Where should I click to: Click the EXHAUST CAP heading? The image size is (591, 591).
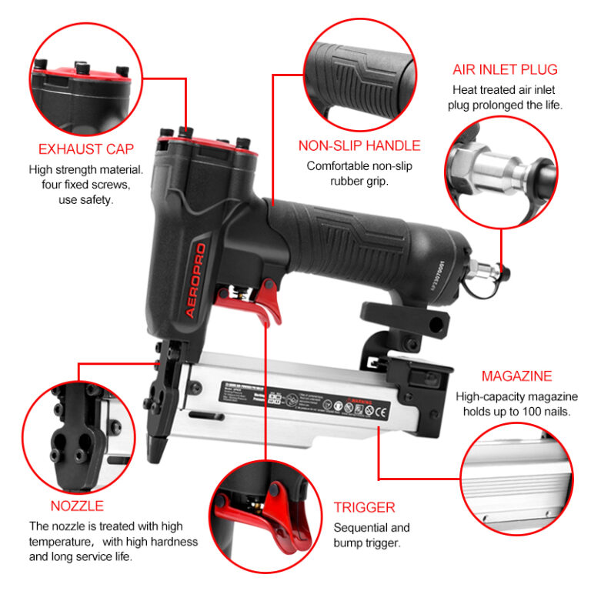tap(86, 149)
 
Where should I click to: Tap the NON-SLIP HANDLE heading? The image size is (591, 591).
tap(359, 145)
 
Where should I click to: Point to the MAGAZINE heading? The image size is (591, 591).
tap(516, 376)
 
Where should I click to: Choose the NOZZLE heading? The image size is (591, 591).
tap(77, 506)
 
